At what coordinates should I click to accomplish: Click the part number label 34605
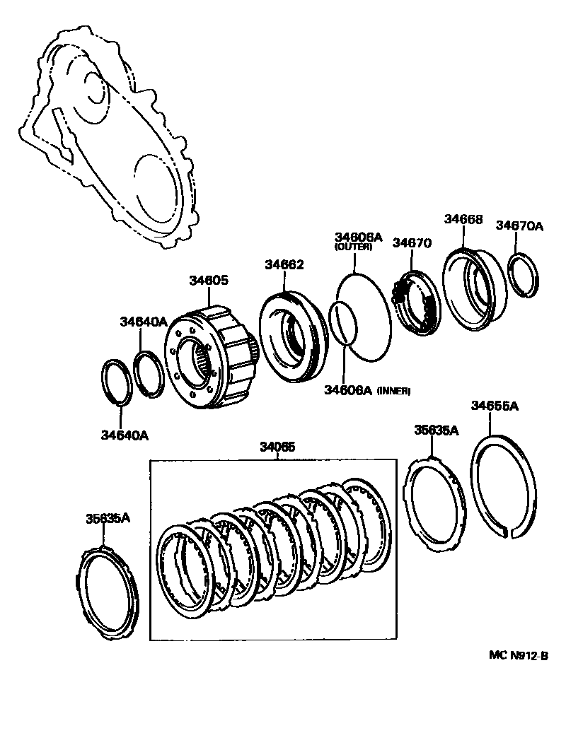pos(208,281)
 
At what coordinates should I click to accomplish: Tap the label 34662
pos(284,265)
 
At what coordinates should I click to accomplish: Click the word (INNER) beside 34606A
pos(393,390)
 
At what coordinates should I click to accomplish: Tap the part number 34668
pos(463,220)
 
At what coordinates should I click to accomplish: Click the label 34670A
pos(519,225)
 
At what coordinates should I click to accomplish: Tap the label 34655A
pos(495,406)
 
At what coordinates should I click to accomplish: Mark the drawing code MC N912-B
pos(519,655)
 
